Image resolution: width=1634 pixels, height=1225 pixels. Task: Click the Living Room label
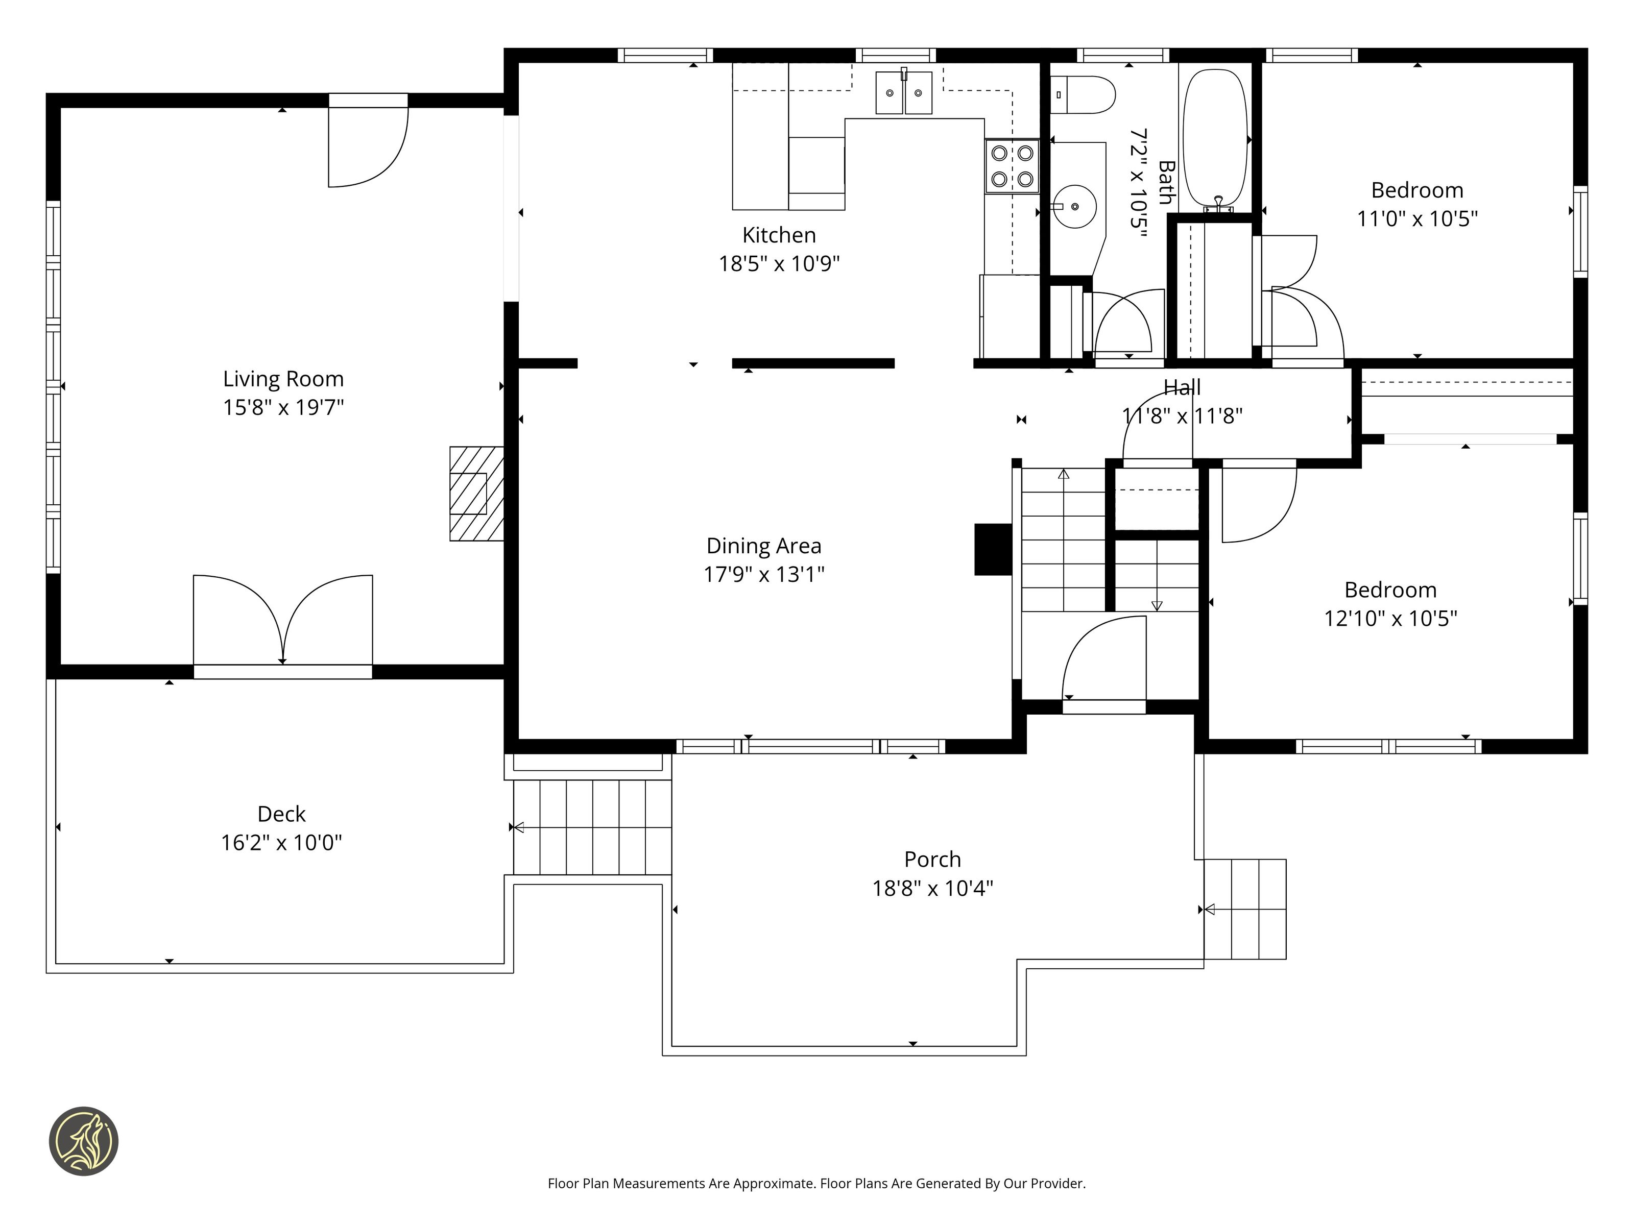[x=284, y=379]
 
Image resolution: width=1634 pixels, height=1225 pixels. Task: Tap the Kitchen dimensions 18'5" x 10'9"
[x=779, y=263]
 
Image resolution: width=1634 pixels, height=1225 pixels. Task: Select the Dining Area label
[x=764, y=546]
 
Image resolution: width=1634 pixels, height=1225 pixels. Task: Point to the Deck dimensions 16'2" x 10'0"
[x=281, y=843]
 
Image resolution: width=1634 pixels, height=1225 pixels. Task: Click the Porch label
[x=932, y=860]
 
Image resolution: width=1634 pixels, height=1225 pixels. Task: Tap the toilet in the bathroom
[x=1082, y=94]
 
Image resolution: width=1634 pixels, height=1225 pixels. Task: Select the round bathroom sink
[x=1075, y=207]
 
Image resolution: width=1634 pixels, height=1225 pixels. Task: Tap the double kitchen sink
[x=904, y=92]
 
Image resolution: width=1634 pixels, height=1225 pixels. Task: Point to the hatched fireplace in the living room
[x=476, y=493]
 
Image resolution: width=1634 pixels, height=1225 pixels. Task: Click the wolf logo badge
[x=83, y=1141]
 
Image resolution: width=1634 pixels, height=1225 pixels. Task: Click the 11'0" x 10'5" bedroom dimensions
[x=1417, y=218]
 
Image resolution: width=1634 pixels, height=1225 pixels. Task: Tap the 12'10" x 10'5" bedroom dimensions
[x=1390, y=618]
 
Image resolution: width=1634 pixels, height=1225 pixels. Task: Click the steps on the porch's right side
[x=1245, y=909]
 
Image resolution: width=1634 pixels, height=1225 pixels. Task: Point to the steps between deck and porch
[x=592, y=827]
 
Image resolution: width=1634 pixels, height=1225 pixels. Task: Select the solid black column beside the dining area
[x=994, y=549]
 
